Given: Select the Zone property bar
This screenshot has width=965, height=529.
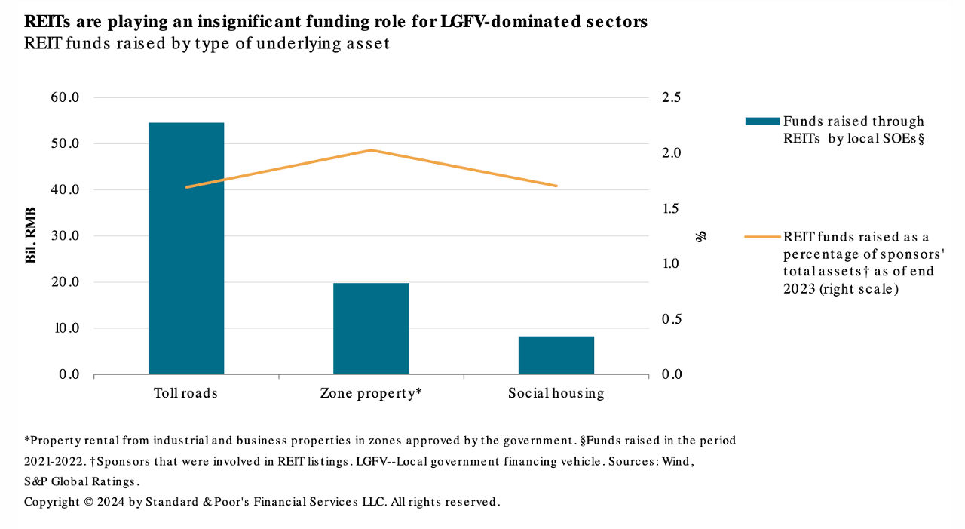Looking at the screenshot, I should tap(371, 328).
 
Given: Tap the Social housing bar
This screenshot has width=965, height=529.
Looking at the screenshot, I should tap(556, 355).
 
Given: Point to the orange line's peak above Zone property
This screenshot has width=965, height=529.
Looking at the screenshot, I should tap(371, 150).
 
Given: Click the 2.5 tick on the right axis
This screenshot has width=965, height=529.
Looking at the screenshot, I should tap(671, 97).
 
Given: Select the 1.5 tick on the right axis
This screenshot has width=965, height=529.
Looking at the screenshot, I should tap(671, 208).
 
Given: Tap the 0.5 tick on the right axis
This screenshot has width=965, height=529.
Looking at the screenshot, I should tap(671, 319).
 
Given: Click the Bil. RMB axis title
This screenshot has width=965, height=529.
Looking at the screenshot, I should tap(32, 236).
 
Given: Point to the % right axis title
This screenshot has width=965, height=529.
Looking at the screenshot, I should tap(702, 236).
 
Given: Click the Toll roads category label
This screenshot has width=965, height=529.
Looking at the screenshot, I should tap(185, 393).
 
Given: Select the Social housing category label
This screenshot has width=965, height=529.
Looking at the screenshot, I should tap(556, 393).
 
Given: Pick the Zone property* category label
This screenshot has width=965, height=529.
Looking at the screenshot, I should tap(371, 393).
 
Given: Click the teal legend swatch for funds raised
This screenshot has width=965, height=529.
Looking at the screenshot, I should tap(762, 121).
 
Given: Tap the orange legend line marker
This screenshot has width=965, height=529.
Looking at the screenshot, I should tap(762, 237).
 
